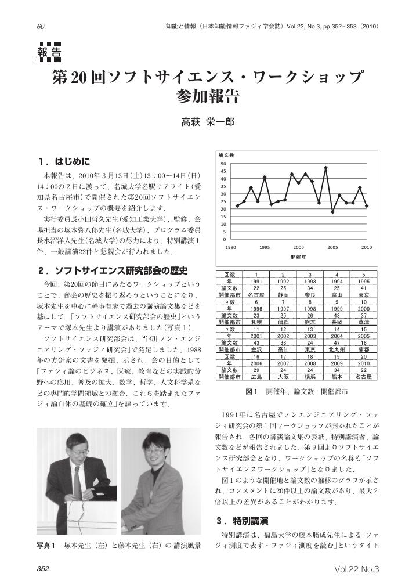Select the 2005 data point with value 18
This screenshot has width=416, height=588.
coord(332,212)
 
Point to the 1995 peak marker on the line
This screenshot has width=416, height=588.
coord(265,176)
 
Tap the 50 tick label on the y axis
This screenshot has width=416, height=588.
coord(223,164)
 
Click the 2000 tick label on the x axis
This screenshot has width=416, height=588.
coord(298,247)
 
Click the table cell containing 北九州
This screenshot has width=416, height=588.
coord(336,350)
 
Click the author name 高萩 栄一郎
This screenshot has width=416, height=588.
coord(207,124)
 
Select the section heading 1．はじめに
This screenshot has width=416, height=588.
coord(64,161)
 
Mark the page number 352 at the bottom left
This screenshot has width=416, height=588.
coord(43,569)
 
